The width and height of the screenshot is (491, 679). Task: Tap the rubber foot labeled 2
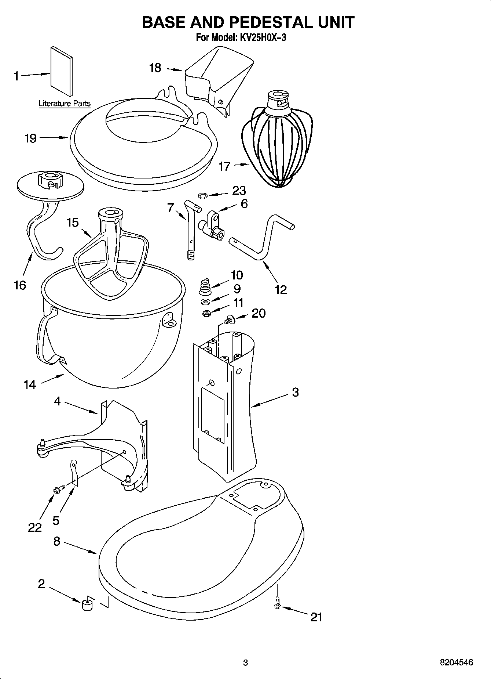(87, 604)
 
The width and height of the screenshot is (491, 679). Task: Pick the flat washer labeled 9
(205, 302)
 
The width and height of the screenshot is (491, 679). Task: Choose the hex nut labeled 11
(206, 314)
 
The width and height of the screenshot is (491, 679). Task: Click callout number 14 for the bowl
(30, 384)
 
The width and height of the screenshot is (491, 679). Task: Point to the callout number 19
(30, 138)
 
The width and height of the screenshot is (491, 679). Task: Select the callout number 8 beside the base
(56, 541)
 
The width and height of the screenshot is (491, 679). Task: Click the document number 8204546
(457, 662)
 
